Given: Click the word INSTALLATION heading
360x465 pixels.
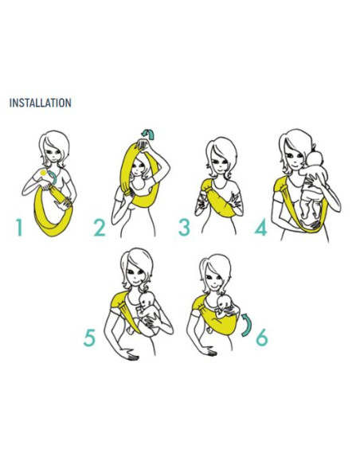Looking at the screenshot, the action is [41, 103].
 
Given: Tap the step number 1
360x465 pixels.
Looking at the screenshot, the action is [19, 228].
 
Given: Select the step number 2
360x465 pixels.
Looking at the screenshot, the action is [100, 228].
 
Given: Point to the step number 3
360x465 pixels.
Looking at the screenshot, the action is [184, 227].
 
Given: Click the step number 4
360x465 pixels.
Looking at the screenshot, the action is [261, 228].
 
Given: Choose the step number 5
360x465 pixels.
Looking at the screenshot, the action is [89, 338].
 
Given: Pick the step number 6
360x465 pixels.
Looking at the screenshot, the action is [262, 338].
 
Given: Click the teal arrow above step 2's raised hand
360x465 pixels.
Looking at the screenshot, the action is [148, 134].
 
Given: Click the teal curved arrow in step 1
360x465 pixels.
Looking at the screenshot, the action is [54, 177].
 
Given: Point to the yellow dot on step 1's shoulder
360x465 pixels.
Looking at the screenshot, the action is [43, 173].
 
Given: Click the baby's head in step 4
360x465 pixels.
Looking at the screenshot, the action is [314, 159].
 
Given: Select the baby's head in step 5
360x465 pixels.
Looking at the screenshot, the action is [147, 300].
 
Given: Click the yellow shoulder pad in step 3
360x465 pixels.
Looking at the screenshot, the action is [207, 186].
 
